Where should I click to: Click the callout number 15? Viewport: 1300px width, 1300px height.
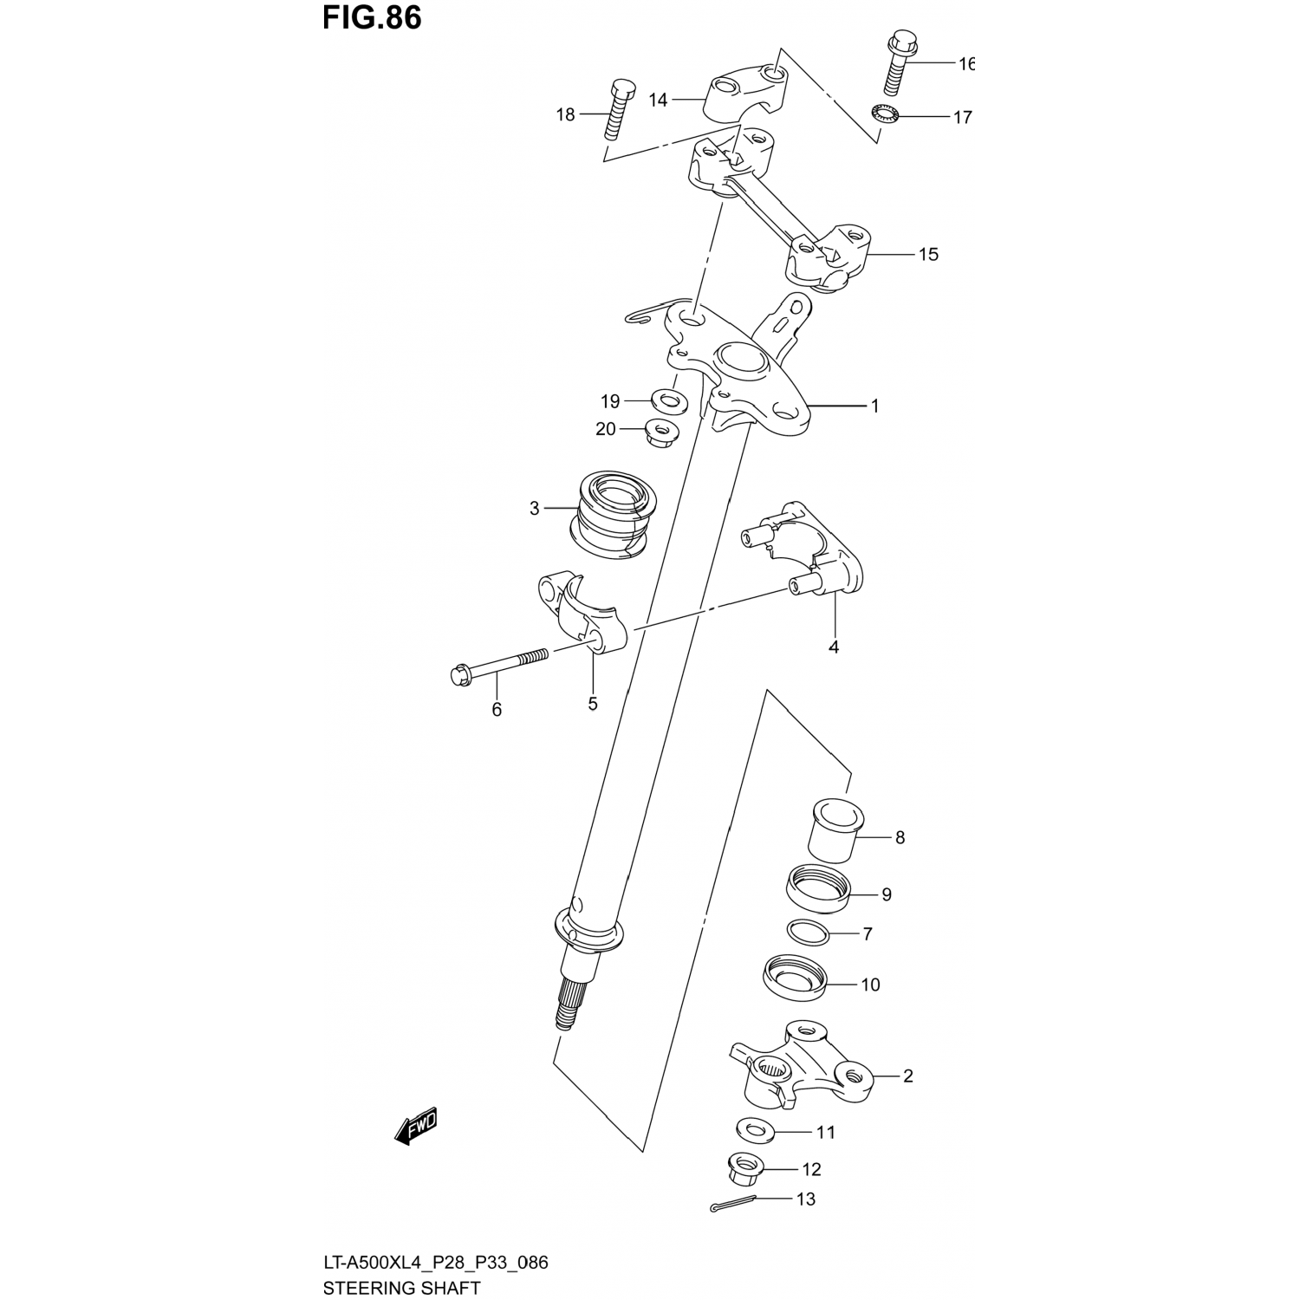pyautogui.click(x=928, y=255)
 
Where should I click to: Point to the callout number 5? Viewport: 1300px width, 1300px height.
pyautogui.click(x=593, y=704)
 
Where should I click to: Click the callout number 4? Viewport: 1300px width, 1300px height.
pyautogui.click(x=834, y=647)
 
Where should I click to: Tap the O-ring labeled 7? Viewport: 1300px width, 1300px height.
pyautogui.click(x=809, y=933)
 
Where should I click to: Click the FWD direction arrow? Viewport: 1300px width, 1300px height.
pyautogui.click(x=416, y=1128)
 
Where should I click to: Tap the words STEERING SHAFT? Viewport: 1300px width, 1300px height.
pyautogui.click(x=401, y=1288)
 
